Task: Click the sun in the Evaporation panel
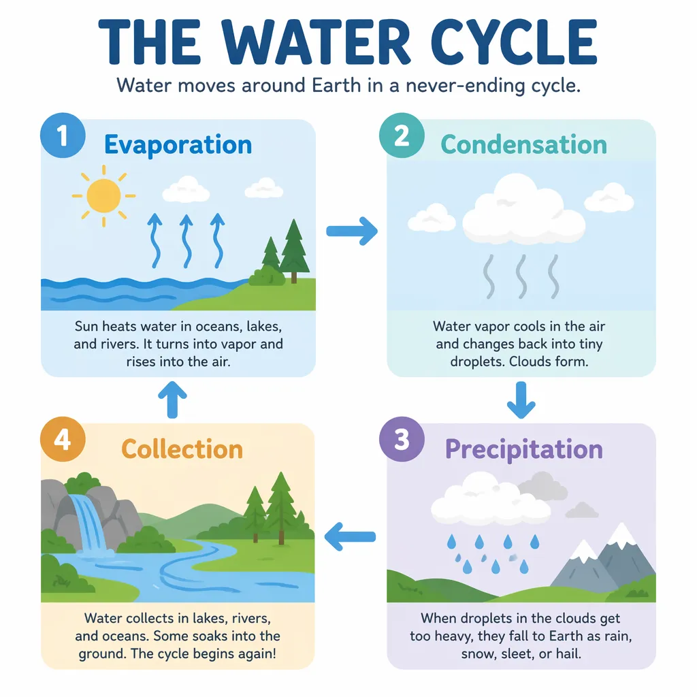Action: pyautogui.click(x=103, y=195)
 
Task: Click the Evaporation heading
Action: pyautogui.click(x=178, y=145)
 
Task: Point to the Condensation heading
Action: pyautogui.click(x=523, y=144)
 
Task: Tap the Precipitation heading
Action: pyautogui.click(x=523, y=449)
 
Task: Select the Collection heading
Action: pyautogui.click(x=182, y=449)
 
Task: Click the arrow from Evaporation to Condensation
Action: pyautogui.click(x=352, y=231)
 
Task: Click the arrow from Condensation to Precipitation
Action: pyautogui.click(x=521, y=400)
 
